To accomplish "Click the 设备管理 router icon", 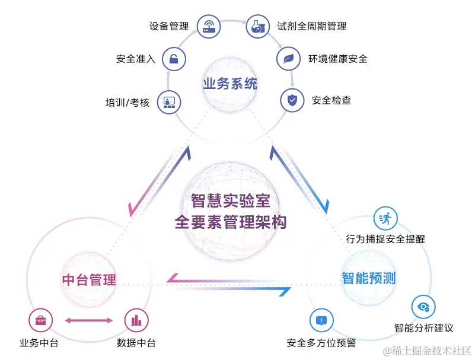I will pyautogui.click(x=209, y=26).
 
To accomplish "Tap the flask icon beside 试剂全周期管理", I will pyautogui.click(x=257, y=26).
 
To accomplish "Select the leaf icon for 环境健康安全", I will pyautogui.click(x=288, y=59).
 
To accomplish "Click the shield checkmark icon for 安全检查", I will pyautogui.click(x=292, y=100).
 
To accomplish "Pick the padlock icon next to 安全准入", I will pyautogui.click(x=174, y=59).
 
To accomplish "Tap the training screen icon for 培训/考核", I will pyautogui.click(x=169, y=102).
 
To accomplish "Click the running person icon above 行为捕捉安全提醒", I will pyautogui.click(x=385, y=218).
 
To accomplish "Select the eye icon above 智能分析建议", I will pyautogui.click(x=423, y=307).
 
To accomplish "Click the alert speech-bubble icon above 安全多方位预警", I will pyautogui.click(x=321, y=320).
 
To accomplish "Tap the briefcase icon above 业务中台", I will pyautogui.click(x=40, y=320).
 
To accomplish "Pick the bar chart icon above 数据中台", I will pyautogui.click(x=136, y=320).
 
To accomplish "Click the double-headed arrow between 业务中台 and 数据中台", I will pyautogui.click(x=88, y=320).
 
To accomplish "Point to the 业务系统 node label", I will pyautogui.click(x=230, y=84).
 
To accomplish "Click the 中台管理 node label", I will pyautogui.click(x=89, y=279).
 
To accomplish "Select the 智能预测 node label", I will pyautogui.click(x=368, y=277).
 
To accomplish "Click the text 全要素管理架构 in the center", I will pyautogui.click(x=230, y=222).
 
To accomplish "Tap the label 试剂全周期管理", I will pyautogui.click(x=312, y=26).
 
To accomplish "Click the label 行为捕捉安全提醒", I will pyautogui.click(x=385, y=239).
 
